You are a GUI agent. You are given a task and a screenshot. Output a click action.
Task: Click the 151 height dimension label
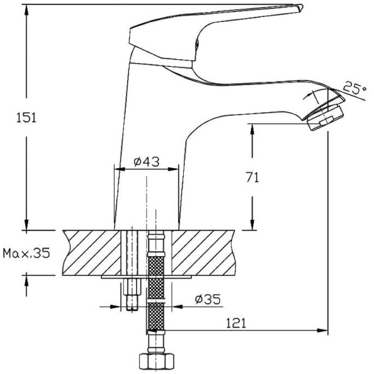tap(26, 118)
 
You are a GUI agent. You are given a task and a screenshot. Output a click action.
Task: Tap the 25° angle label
tap(355, 88)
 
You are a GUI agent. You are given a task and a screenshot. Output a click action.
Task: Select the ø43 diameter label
tap(146, 162)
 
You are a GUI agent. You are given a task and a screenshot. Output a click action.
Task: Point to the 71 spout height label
tap(253, 177)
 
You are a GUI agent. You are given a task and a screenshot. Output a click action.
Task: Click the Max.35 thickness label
tap(26, 253)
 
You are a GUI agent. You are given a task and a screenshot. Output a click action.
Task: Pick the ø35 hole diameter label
tap(208, 299)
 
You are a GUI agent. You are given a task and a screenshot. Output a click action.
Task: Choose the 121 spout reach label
tap(235, 323)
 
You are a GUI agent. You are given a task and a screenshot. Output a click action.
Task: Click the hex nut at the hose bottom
tap(157, 361)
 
